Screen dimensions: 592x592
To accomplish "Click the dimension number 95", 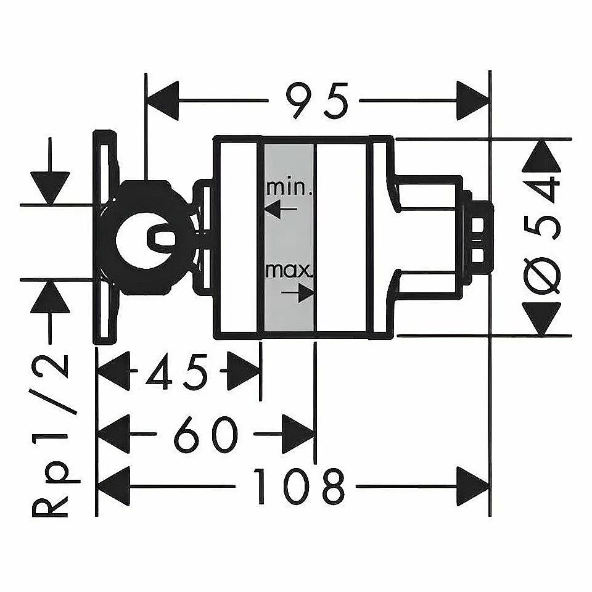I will tap(316, 99).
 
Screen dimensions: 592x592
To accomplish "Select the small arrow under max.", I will tap(298, 293).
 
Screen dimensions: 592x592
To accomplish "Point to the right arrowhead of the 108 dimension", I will tap(472, 485).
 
